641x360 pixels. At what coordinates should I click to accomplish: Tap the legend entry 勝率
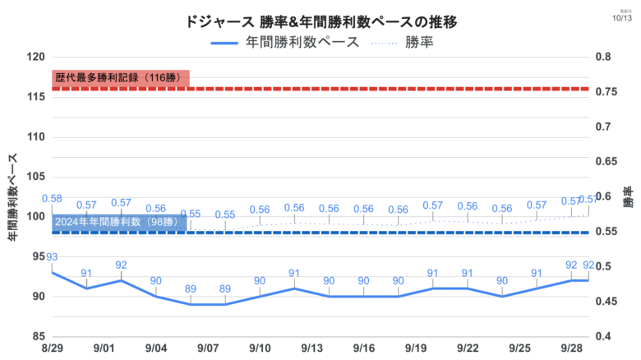coord(417,43)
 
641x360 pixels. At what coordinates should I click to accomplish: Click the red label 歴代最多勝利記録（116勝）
coord(119,78)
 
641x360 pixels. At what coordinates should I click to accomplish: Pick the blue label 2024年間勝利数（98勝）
coord(117,222)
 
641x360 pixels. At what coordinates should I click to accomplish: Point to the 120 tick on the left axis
coord(35,57)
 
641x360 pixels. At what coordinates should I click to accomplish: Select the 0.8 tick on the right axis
coord(604,57)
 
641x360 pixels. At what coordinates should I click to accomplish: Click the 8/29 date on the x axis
coord(51,348)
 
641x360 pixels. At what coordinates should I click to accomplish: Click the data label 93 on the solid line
coord(51,257)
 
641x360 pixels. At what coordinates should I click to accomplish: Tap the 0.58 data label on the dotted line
coord(51,198)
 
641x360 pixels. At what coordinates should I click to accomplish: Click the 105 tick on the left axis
coord(35,176)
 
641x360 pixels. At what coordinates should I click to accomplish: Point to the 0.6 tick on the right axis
coord(604,196)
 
